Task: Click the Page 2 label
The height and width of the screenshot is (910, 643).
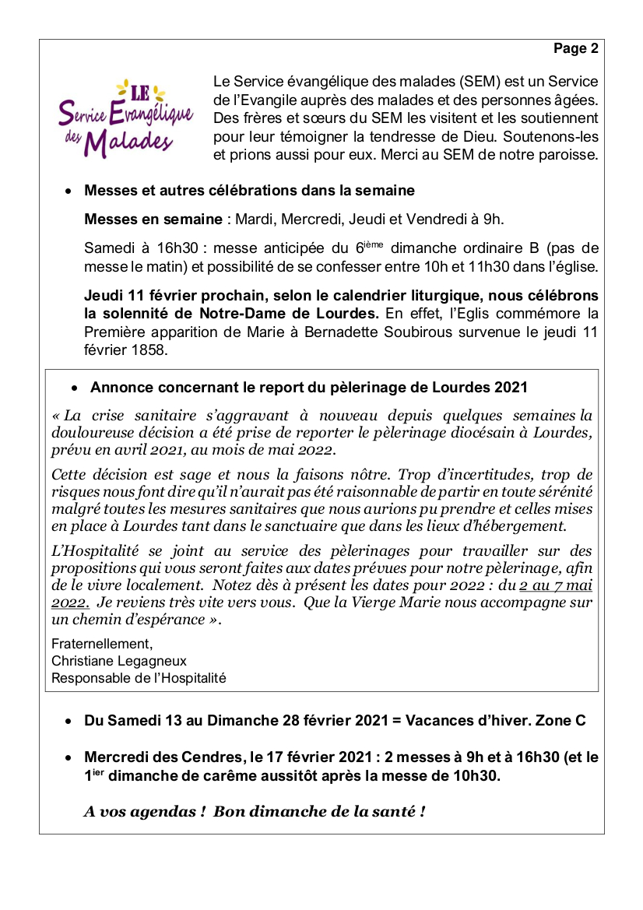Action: pos(575,49)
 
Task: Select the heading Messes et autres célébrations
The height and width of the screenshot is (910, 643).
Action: pos(249,191)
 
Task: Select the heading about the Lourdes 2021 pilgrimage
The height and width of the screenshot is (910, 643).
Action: pos(308,388)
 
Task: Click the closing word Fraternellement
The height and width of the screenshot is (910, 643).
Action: pos(102,644)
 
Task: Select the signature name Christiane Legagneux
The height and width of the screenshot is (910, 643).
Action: pos(118,661)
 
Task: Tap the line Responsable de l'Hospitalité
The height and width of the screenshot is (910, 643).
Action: pos(139,678)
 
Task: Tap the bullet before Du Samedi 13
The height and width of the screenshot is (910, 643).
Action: pos(70,722)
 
